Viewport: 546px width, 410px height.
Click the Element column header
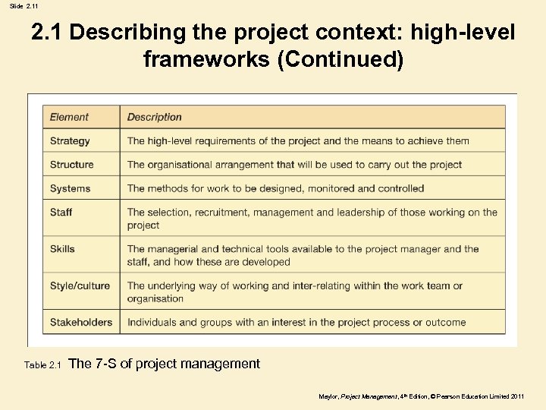pyautogui.click(x=69, y=117)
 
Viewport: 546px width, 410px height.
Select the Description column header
pyautogui.click(x=154, y=117)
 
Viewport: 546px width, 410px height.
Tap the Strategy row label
pyautogui.click(x=70, y=140)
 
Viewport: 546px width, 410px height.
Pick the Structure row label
pyautogui.click(x=72, y=164)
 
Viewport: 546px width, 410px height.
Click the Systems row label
pyautogui.click(x=70, y=188)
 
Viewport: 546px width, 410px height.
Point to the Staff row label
pyautogui.click(x=61, y=212)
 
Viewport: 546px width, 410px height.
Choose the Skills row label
pyautogui.click(x=62, y=248)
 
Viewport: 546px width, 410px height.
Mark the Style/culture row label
pyautogui.click(x=80, y=285)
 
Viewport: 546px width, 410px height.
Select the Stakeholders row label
pyautogui.click(x=81, y=322)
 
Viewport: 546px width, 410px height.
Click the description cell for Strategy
pyautogui.click(x=298, y=140)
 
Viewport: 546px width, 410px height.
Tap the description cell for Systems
pyautogui.click(x=275, y=188)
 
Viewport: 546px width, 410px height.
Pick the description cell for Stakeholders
pyautogui.click(x=297, y=322)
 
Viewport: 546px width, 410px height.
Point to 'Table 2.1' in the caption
pyautogui.click(x=42, y=365)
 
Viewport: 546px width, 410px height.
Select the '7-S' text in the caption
pyautogui.click(x=105, y=364)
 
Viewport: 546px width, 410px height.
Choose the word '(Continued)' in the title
pyautogui.click(x=340, y=58)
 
